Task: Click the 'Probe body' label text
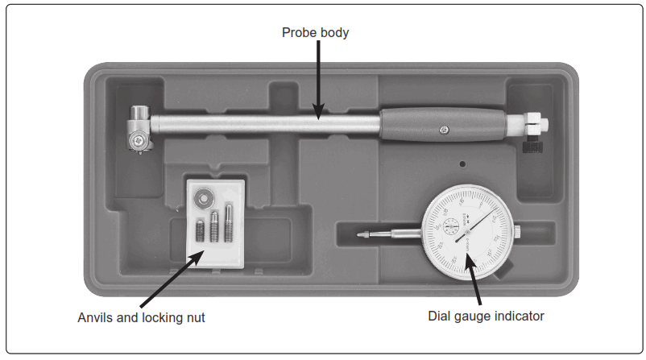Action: coord(315,33)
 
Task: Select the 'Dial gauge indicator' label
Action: coord(486,316)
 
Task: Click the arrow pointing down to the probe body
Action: coord(318,81)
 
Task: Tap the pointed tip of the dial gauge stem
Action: coord(361,234)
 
